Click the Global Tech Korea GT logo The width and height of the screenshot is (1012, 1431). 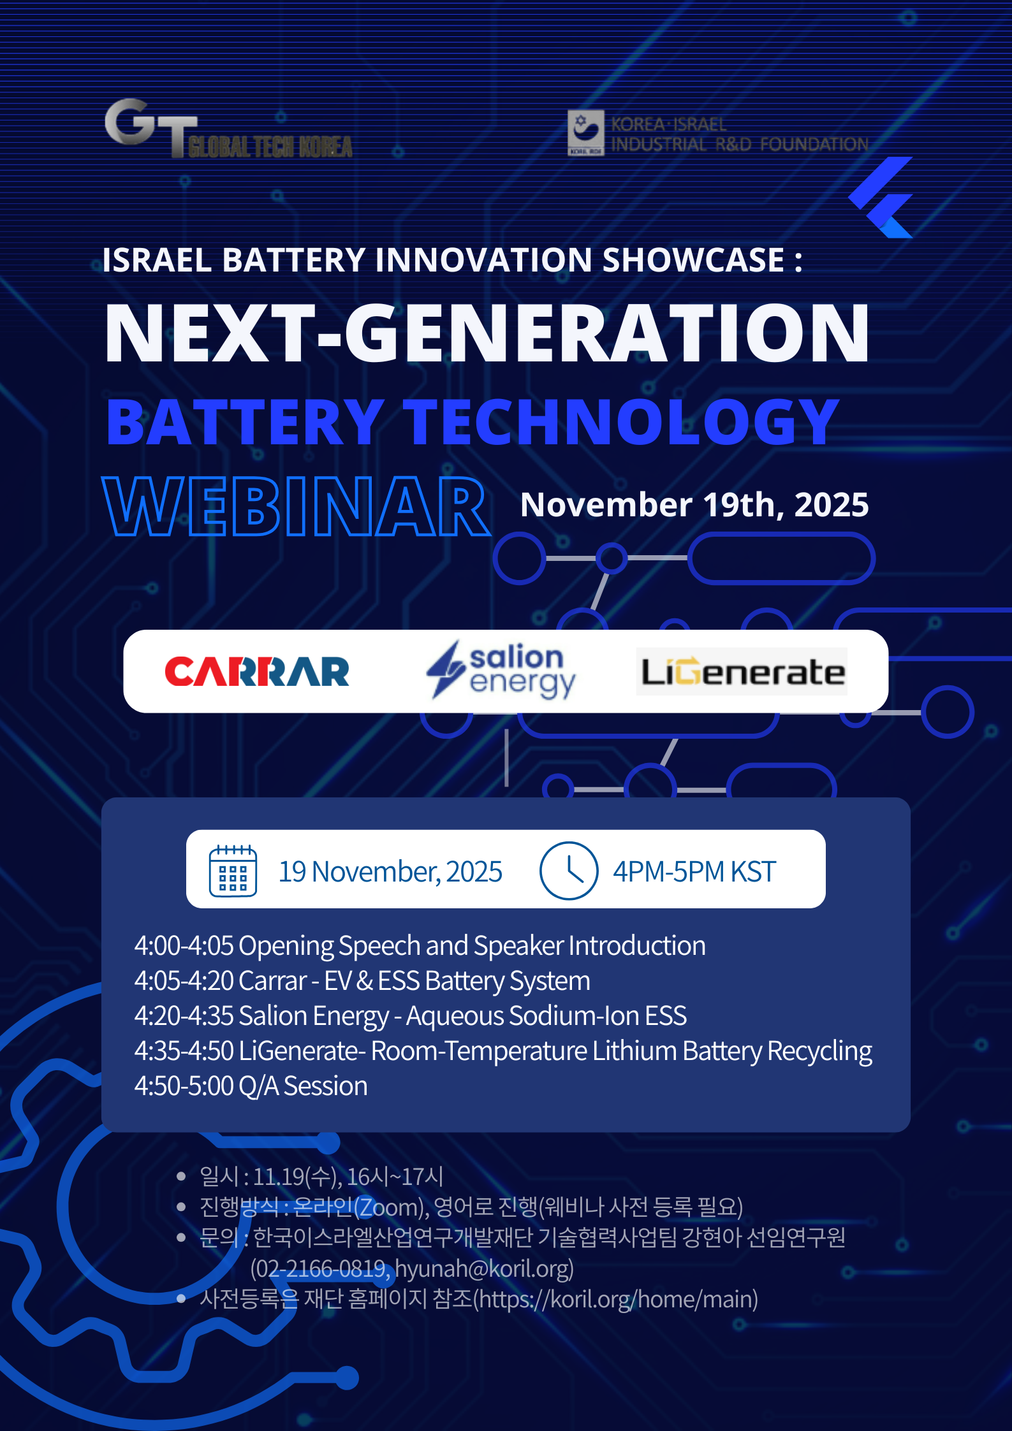(x=228, y=128)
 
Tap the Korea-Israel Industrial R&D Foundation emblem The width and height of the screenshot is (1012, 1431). (x=585, y=133)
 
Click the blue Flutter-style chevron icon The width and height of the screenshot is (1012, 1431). (x=882, y=197)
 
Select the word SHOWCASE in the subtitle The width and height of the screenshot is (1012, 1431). (x=694, y=260)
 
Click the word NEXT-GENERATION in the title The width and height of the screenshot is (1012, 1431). (x=487, y=333)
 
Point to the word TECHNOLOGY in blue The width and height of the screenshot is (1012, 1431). (x=624, y=421)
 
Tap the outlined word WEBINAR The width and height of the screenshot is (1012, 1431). (x=297, y=506)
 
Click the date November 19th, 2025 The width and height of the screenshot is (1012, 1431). (x=694, y=505)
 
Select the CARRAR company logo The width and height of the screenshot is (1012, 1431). (x=257, y=672)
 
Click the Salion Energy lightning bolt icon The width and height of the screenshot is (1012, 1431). (x=446, y=669)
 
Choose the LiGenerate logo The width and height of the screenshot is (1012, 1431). (x=742, y=672)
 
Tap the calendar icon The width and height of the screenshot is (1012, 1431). (x=233, y=871)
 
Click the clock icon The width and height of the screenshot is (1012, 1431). (x=569, y=871)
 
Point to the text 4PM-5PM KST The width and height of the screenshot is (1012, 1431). (x=694, y=871)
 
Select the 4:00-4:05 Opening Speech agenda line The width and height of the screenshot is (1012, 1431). (x=420, y=946)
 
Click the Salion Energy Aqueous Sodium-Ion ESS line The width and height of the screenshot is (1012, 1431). (x=410, y=1016)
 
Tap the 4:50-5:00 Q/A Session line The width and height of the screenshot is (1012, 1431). (x=251, y=1086)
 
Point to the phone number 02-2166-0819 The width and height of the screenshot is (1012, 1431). (x=321, y=1268)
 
